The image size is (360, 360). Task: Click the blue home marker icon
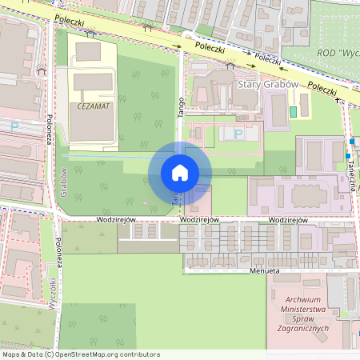(x=179, y=173)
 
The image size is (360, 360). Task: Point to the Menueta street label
(x=264, y=271)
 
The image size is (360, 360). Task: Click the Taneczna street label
(x=351, y=170)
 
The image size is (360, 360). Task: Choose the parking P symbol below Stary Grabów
(x=237, y=133)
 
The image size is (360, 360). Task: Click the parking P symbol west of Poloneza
(x=14, y=126)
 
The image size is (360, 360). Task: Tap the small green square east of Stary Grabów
(x=294, y=110)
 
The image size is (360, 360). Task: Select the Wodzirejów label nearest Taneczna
(x=289, y=220)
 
